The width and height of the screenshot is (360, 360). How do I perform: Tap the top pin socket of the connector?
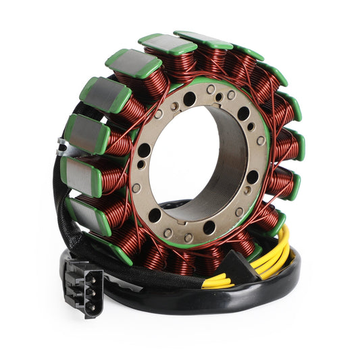(x=89, y=274)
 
